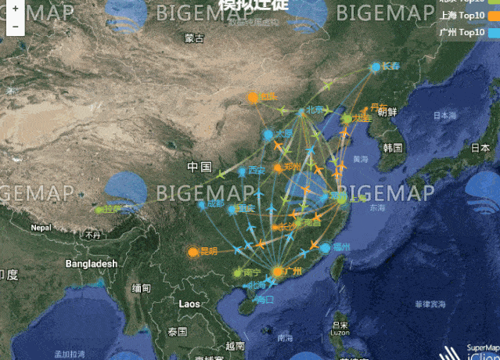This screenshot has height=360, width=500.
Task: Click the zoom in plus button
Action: click(15, 9)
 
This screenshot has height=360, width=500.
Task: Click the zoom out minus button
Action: click(15, 25)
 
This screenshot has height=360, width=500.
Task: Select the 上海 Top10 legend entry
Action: click(461, 15)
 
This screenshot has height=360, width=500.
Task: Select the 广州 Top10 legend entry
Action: click(461, 32)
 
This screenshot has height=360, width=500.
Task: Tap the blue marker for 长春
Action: click(376, 67)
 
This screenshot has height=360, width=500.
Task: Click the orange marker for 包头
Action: click(253, 98)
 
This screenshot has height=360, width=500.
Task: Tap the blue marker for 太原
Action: click(268, 135)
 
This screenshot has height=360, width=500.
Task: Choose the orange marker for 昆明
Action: click(193, 252)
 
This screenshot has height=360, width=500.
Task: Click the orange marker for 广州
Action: click(277, 272)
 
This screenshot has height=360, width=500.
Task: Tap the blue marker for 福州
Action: click(326, 247)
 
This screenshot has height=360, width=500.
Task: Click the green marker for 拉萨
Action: click(99, 210)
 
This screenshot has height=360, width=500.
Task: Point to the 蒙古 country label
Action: click(194, 38)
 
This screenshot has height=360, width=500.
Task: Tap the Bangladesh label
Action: click(91, 264)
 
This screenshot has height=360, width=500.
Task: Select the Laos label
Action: click(191, 303)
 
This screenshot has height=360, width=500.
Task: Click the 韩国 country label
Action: click(393, 148)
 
